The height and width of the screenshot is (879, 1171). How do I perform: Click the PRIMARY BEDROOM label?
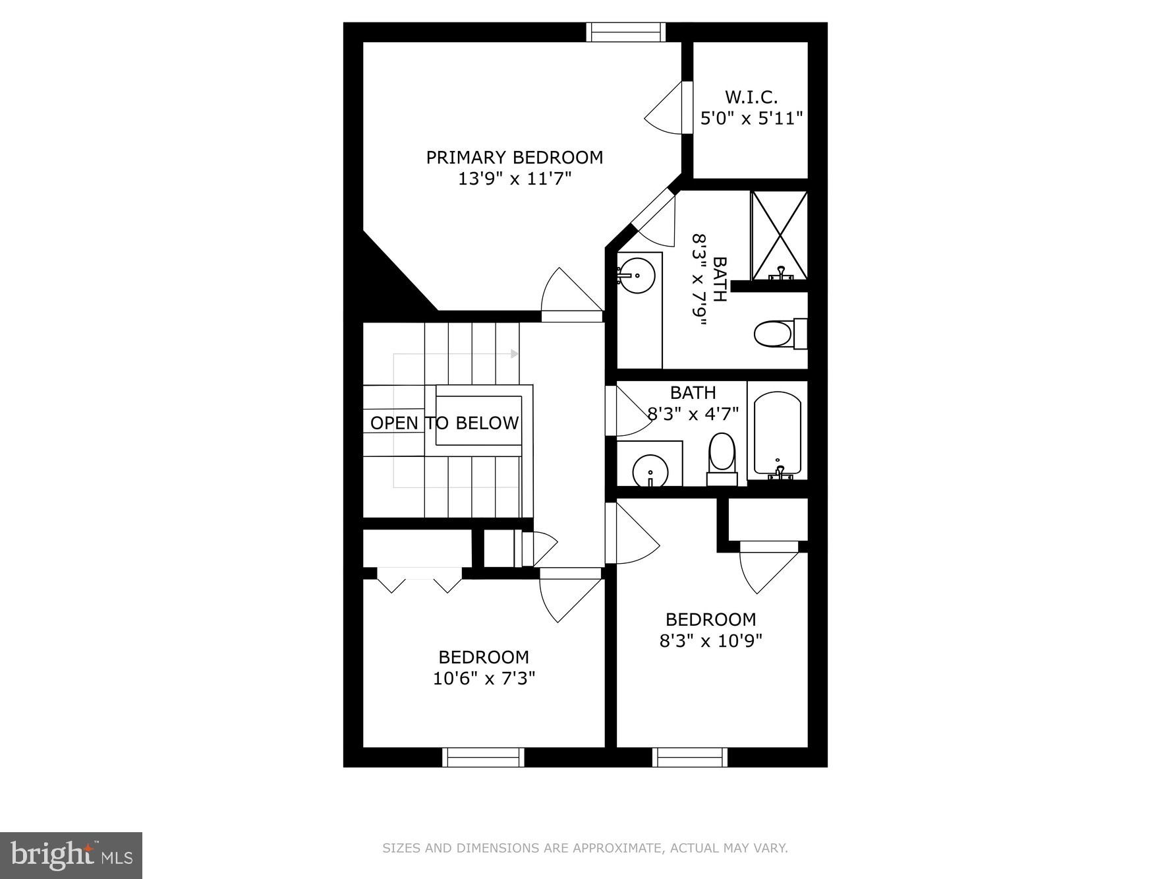click(514, 158)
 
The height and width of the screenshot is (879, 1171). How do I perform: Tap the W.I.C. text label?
click(751, 98)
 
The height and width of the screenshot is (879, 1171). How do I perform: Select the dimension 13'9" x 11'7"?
click(514, 179)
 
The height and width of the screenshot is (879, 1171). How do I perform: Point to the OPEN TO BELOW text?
click(444, 423)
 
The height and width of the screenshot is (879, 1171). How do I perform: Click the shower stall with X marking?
click(779, 235)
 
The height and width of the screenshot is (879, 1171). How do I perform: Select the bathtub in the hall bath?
click(777, 434)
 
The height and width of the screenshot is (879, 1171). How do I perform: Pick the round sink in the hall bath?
click(650, 471)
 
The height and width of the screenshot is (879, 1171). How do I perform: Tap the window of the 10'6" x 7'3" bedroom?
click(483, 757)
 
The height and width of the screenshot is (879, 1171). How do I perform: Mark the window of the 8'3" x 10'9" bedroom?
click(690, 757)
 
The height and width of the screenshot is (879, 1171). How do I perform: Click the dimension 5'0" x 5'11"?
click(751, 119)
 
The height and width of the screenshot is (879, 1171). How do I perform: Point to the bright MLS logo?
click(71, 855)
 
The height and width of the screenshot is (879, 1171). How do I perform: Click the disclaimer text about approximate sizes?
click(585, 848)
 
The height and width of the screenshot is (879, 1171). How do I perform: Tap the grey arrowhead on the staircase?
click(514, 354)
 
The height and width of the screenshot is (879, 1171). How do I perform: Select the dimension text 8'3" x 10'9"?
click(710, 640)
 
